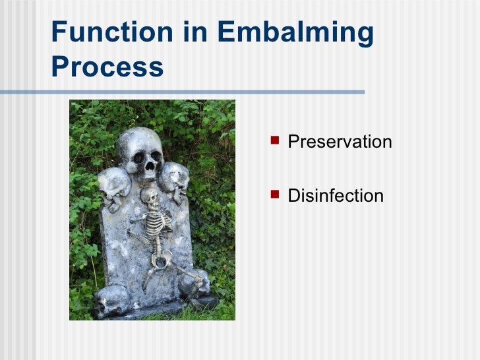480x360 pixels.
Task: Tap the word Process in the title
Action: (x=107, y=66)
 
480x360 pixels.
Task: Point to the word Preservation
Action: (x=340, y=142)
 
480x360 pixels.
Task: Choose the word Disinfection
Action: (x=336, y=195)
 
